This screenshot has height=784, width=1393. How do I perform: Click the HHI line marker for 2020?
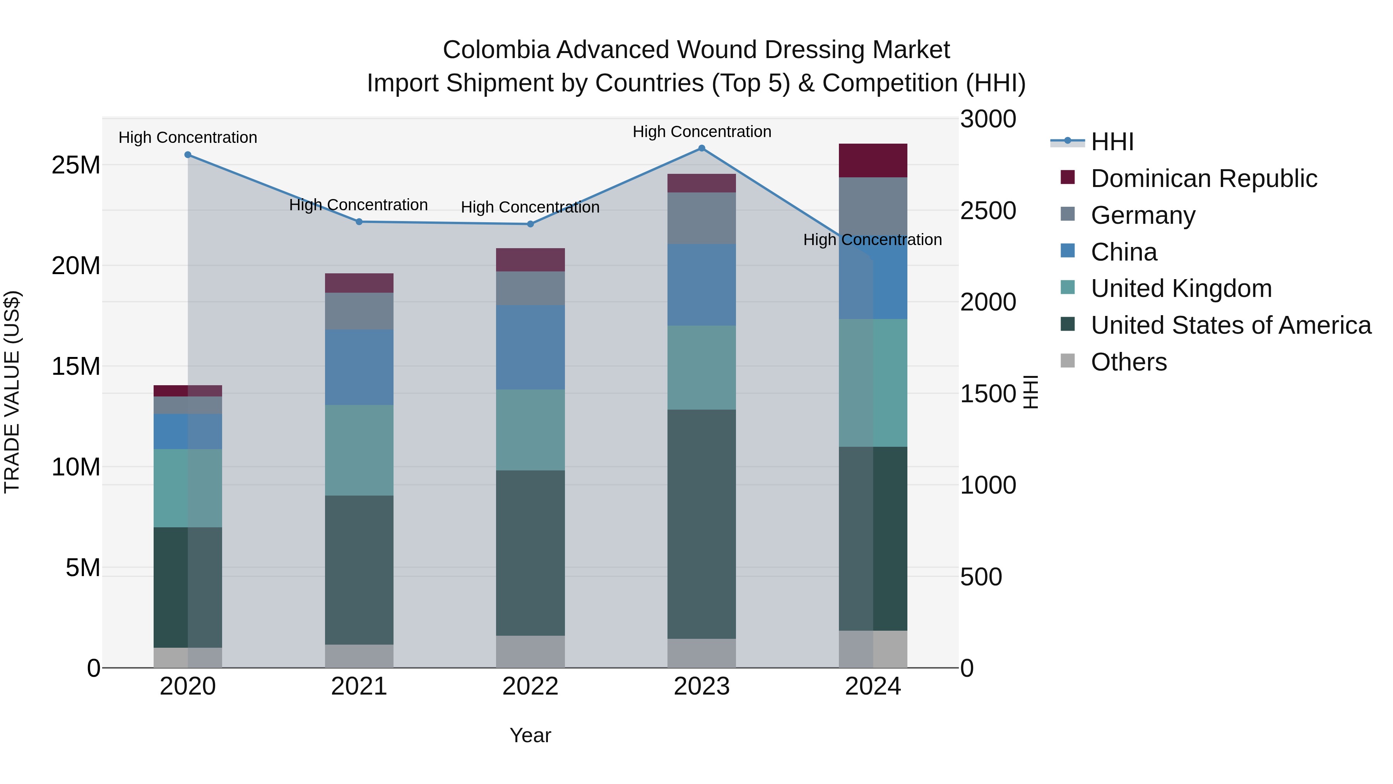click(x=188, y=155)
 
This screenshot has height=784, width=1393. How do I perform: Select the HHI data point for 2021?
click(x=359, y=222)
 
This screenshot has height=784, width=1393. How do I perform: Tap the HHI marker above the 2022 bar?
click(x=531, y=224)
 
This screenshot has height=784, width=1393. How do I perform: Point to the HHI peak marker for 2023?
click(x=702, y=148)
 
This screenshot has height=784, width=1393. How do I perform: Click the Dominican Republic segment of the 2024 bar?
click(x=873, y=161)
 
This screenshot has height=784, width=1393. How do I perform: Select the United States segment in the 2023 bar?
click(x=702, y=524)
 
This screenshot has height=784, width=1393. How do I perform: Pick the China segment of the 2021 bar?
click(x=359, y=367)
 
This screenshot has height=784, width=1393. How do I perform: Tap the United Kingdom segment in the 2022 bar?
click(x=531, y=430)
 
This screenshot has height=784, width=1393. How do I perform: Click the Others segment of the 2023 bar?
click(x=702, y=653)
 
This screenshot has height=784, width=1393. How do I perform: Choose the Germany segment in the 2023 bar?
click(x=702, y=218)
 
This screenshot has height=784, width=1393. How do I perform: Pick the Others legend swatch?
click(x=1068, y=361)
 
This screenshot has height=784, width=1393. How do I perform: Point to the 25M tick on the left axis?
click(x=76, y=165)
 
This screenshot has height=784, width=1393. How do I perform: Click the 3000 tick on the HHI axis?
click(x=988, y=120)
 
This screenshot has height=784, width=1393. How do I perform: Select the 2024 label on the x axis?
click(x=873, y=686)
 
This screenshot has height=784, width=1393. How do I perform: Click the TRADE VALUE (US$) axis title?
click(x=12, y=392)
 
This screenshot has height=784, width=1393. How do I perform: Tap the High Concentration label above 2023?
click(x=702, y=132)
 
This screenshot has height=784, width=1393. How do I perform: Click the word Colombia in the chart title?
click(x=496, y=50)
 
